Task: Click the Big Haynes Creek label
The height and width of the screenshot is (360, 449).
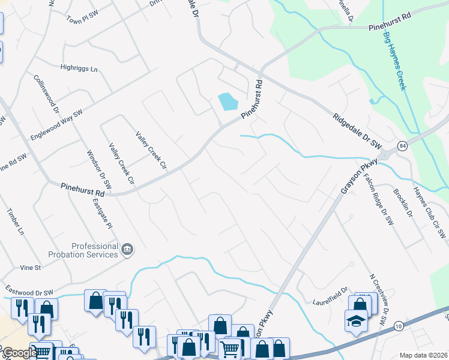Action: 395,61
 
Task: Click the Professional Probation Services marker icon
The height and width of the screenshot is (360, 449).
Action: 127,249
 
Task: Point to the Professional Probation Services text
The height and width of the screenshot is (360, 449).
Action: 94,250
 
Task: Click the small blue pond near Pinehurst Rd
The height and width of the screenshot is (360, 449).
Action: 228,101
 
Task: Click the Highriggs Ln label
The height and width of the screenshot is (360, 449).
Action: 79,68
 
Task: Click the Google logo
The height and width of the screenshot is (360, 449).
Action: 19,353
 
